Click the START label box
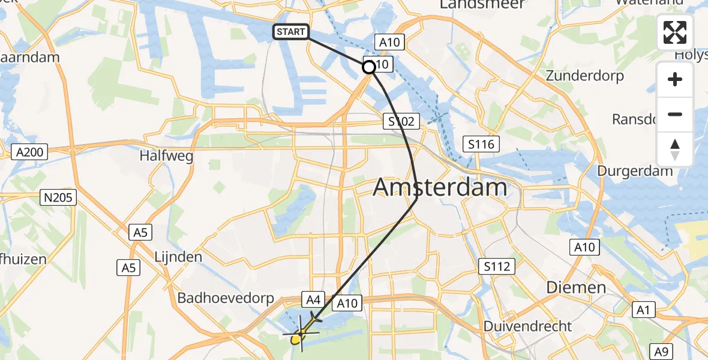pos(291,32)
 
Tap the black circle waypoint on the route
pos(369,67)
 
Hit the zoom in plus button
pos(675,80)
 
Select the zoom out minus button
pos(675,114)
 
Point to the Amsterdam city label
pos(440,188)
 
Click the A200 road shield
pos(29,152)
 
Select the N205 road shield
pos(58,197)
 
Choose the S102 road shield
pos(400,122)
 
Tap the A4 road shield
pos(315,298)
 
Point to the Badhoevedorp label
pos(226,298)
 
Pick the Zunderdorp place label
pos(584,76)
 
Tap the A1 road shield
pos(644,310)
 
